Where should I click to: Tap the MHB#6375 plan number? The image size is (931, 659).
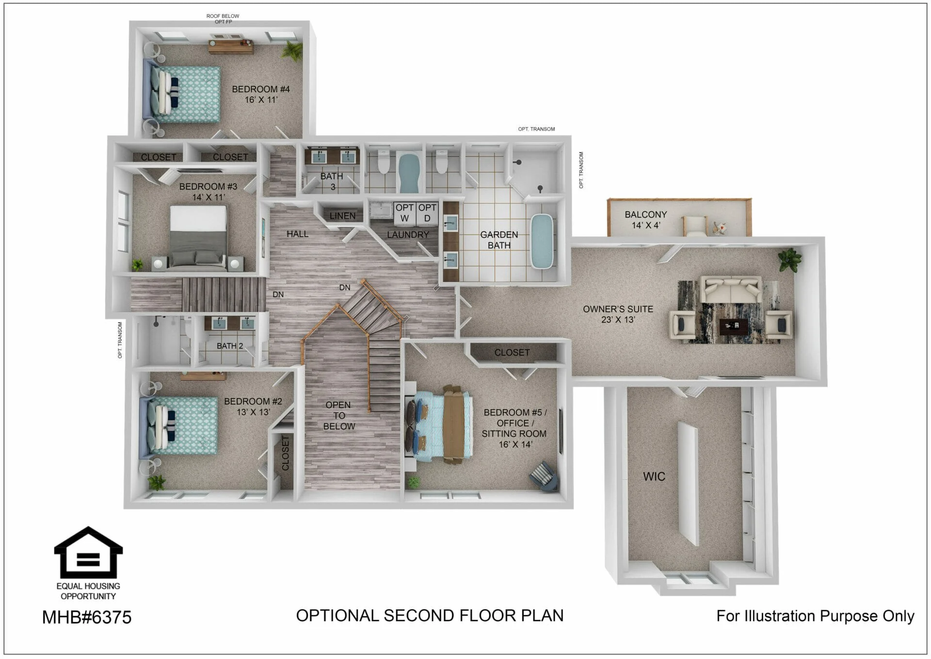click(x=87, y=617)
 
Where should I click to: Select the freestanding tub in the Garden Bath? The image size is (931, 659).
click(x=542, y=241)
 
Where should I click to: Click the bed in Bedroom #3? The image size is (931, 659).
click(x=198, y=237)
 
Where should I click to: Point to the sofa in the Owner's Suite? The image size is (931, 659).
click(x=732, y=290)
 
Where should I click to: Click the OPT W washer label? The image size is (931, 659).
click(x=404, y=213)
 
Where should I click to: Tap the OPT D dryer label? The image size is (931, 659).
click(x=427, y=213)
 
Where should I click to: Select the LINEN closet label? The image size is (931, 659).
click(x=342, y=216)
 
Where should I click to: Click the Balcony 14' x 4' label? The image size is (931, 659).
click(x=646, y=220)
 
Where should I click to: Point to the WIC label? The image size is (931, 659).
click(x=654, y=477)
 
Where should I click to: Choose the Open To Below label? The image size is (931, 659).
click(x=339, y=416)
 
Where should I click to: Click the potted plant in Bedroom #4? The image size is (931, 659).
click(x=293, y=50)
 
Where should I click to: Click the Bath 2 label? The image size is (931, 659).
click(x=230, y=346)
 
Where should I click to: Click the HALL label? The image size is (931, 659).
click(x=297, y=234)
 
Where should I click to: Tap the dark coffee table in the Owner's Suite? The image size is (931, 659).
click(x=733, y=327)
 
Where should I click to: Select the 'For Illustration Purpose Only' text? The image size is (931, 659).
click(x=815, y=616)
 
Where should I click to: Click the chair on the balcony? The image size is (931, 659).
click(x=695, y=226)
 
